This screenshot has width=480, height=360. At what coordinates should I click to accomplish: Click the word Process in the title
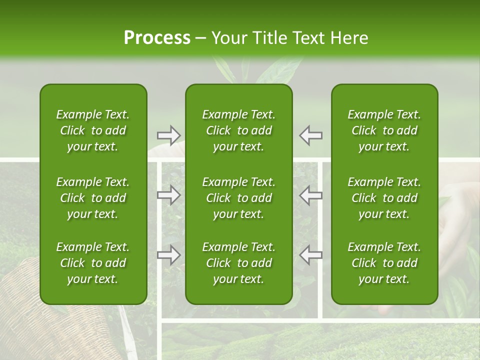[x=157, y=38]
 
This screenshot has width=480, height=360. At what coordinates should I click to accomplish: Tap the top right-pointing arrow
[x=168, y=135]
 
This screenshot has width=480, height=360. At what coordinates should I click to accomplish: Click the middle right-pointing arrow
[x=168, y=195]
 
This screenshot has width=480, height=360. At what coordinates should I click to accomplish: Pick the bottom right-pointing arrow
[x=168, y=255]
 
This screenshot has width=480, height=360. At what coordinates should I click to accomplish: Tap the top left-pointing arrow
[x=311, y=135]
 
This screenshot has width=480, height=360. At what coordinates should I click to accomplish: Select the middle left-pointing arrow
[x=311, y=195]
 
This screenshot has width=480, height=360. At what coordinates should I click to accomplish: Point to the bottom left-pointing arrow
[x=311, y=255]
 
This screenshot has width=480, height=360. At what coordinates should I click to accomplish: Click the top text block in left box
[x=93, y=130]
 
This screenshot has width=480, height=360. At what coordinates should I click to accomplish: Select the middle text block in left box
[x=93, y=198]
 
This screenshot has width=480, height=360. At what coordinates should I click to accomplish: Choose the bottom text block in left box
[x=93, y=263]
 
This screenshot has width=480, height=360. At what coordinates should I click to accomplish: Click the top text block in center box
[x=238, y=130]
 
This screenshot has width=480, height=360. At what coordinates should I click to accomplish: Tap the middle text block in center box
[x=238, y=198]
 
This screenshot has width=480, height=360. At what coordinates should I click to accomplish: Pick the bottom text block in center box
[x=238, y=263]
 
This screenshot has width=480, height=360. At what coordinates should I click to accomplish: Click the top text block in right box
[x=384, y=130]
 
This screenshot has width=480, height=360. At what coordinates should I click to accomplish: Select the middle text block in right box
[x=384, y=198]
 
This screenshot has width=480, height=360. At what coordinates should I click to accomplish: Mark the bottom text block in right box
[x=384, y=263]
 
